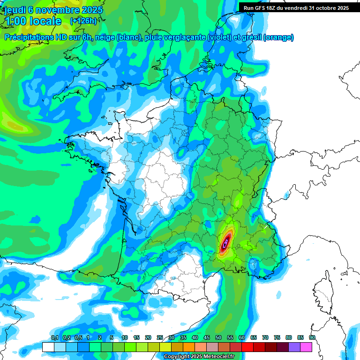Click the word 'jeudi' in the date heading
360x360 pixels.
point(15,9)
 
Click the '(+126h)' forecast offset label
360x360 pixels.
point(83,21)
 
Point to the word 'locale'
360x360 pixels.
point(45,21)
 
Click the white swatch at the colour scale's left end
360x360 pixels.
point(48,347)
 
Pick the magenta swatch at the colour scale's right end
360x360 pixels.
point(306,347)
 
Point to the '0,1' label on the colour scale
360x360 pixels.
point(54,338)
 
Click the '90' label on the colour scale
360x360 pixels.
point(312,338)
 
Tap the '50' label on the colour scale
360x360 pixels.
point(218,338)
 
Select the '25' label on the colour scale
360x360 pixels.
point(160,338)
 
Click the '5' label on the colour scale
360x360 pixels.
point(112,338)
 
